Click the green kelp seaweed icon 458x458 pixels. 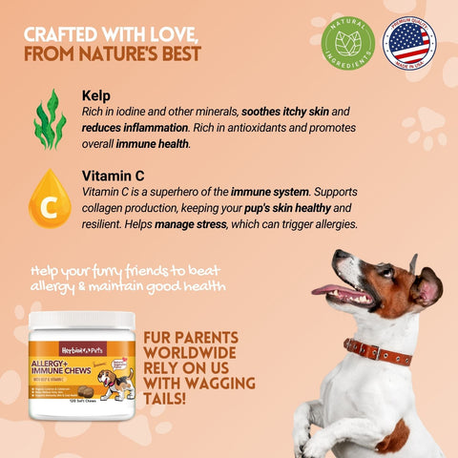tap(50, 119)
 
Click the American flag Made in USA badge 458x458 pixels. tap(408, 43)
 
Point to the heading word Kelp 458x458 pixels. tap(95, 96)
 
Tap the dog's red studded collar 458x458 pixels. tap(378, 350)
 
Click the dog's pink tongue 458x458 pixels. tap(327, 290)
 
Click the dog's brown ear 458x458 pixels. tap(423, 287)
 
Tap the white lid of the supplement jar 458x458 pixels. tap(80, 321)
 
